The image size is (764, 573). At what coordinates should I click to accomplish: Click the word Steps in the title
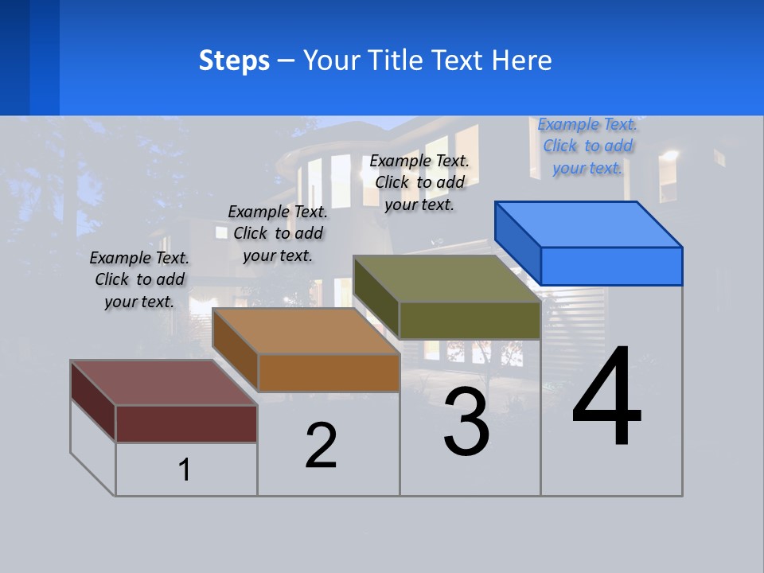click(x=234, y=60)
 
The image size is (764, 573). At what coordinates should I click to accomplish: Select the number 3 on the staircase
click(x=466, y=422)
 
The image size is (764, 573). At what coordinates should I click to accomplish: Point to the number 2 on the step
click(x=321, y=446)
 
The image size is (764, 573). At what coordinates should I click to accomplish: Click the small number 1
click(x=185, y=470)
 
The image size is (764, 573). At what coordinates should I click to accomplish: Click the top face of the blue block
click(x=589, y=224)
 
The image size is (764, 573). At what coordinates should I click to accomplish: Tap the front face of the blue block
click(x=611, y=266)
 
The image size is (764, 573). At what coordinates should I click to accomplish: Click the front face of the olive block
click(x=470, y=321)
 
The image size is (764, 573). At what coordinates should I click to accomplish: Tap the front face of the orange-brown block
click(x=329, y=372)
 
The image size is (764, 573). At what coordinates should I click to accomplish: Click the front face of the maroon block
click(x=186, y=423)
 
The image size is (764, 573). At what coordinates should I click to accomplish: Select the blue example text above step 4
click(x=587, y=146)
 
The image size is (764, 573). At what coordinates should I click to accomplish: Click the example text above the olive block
click(x=419, y=182)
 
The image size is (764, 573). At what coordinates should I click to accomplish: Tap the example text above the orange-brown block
click(x=278, y=233)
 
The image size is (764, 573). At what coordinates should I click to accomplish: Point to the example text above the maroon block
click(x=139, y=279)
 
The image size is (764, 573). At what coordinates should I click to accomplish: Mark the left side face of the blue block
click(x=517, y=242)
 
